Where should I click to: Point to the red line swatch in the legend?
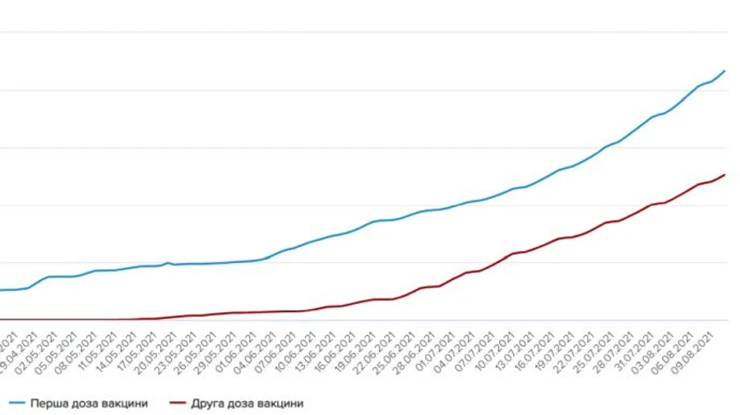click(178, 403)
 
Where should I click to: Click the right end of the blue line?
click(724, 71)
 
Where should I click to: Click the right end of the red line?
click(724, 175)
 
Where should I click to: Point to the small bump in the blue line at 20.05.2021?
click(168, 263)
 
